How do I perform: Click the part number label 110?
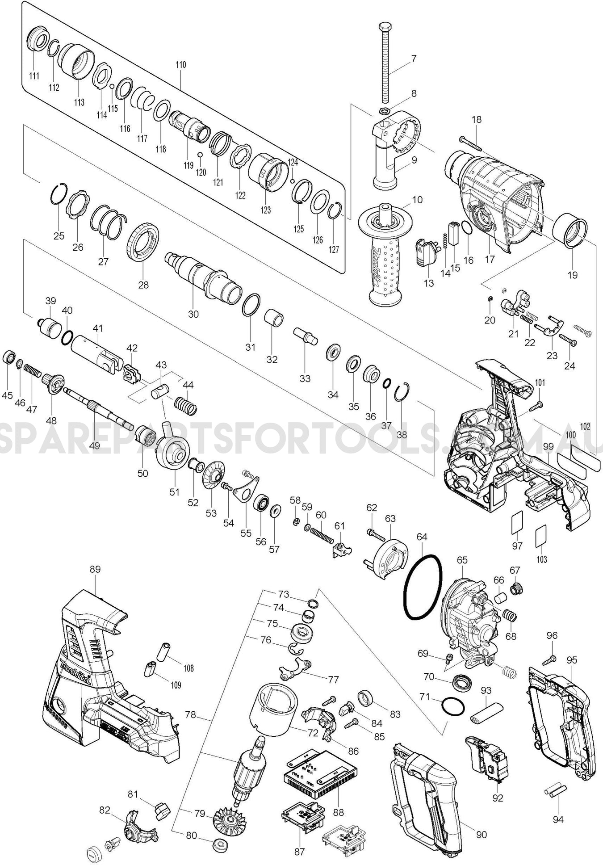(x=180, y=65)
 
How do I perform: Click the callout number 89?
(x=95, y=569)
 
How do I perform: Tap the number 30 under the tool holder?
(x=193, y=314)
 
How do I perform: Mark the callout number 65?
(x=462, y=560)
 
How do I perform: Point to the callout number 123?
(x=266, y=210)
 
